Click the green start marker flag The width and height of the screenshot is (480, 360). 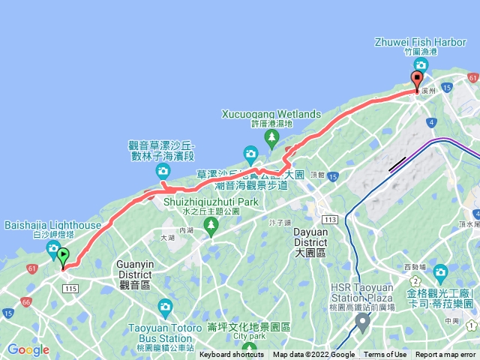click(64, 256)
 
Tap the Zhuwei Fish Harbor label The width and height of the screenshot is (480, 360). click(420, 42)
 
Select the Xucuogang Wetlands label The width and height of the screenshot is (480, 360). click(271, 114)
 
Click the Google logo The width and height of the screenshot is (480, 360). click(28, 349)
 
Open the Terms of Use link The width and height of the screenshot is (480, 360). click(385, 355)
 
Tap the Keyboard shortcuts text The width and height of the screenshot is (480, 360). click(232, 355)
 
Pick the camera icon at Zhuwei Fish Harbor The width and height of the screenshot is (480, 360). click(420, 65)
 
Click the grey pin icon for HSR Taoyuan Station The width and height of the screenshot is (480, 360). click(363, 323)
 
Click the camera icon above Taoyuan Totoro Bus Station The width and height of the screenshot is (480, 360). click(166, 306)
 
